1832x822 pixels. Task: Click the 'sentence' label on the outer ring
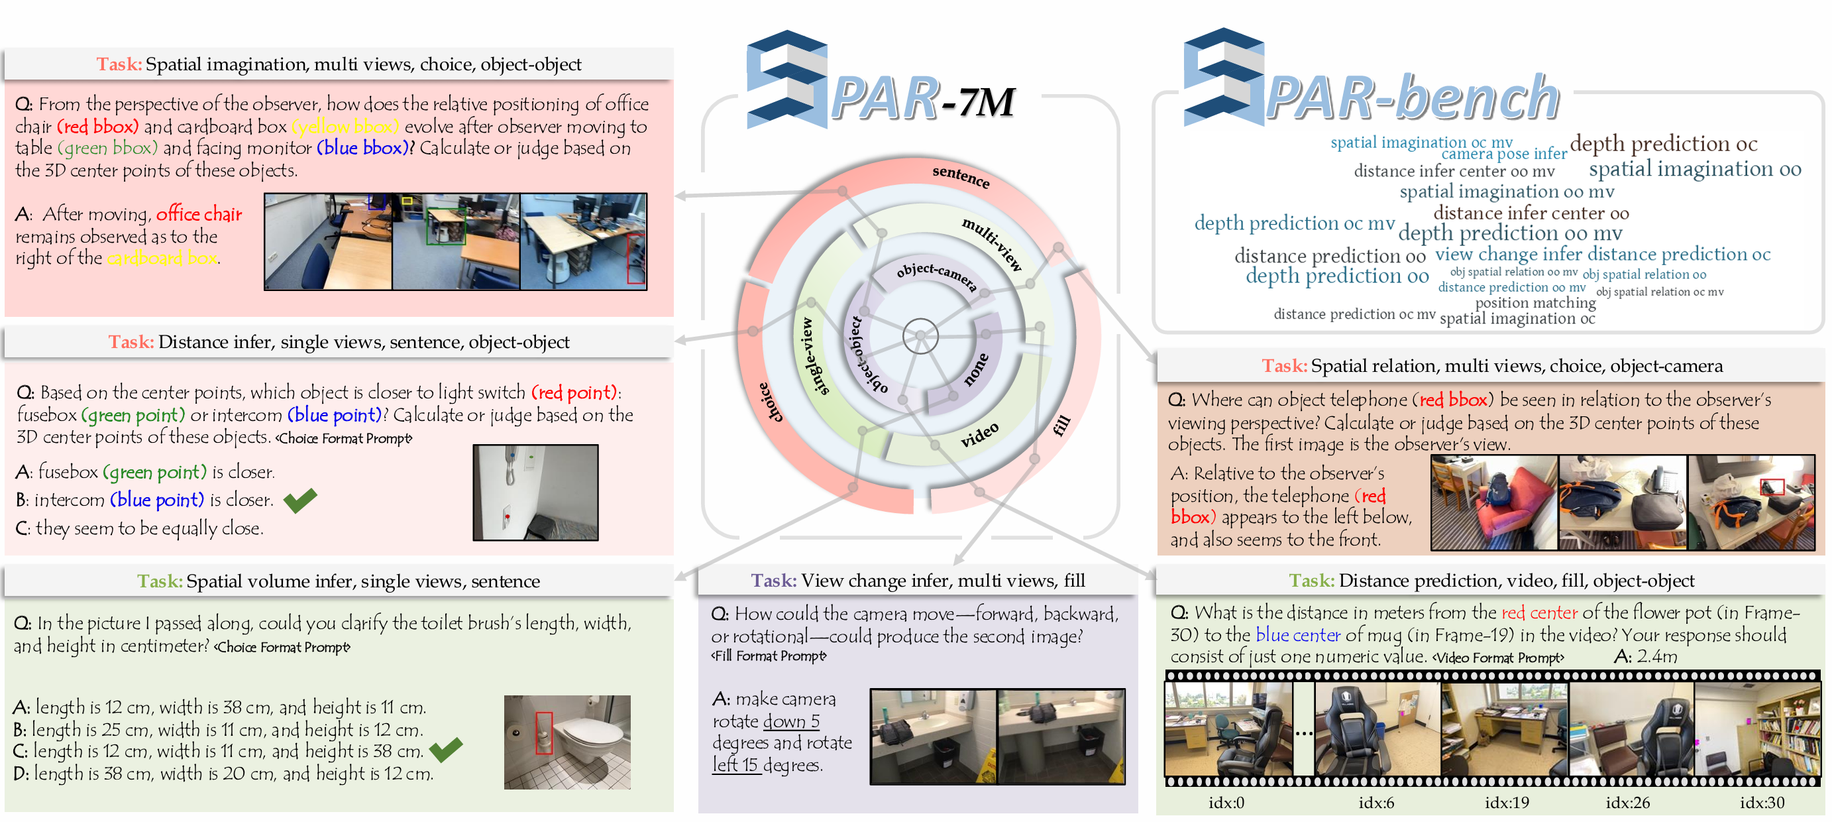(960, 176)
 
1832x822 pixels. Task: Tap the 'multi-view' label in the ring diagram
(992, 244)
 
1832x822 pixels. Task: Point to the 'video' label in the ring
(979, 434)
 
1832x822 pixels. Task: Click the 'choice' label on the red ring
(770, 402)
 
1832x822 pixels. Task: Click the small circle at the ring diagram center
(920, 336)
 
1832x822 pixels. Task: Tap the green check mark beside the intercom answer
(300, 500)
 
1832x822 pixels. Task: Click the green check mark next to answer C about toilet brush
(446, 749)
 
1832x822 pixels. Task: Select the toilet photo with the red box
(566, 742)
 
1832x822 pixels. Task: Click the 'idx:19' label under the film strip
(1506, 803)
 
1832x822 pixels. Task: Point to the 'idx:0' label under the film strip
(1226, 803)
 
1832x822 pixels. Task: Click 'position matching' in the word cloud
(1535, 302)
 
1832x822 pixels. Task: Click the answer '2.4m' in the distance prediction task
(1656, 656)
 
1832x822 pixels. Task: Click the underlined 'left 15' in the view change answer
(736, 765)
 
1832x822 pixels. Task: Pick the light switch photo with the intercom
(535, 493)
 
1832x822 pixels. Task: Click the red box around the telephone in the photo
(1772, 487)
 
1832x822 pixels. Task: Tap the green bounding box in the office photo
(445, 225)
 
